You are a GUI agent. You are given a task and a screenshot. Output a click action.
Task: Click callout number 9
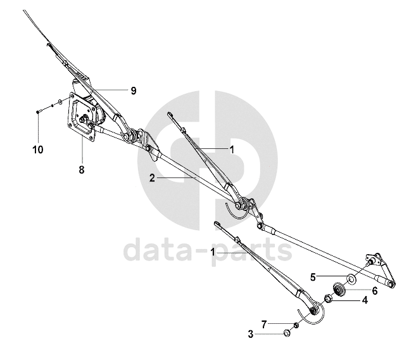134,91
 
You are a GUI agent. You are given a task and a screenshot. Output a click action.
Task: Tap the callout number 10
38,150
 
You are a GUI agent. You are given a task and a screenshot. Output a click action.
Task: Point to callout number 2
152,179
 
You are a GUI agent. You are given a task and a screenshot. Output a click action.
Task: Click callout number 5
313,276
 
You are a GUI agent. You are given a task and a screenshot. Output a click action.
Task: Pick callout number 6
374,290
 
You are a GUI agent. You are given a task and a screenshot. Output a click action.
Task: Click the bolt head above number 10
38,111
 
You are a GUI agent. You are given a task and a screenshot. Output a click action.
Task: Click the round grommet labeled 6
338,290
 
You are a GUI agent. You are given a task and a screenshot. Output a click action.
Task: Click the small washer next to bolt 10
59,101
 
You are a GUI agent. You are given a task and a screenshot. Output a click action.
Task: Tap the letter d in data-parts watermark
136,250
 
